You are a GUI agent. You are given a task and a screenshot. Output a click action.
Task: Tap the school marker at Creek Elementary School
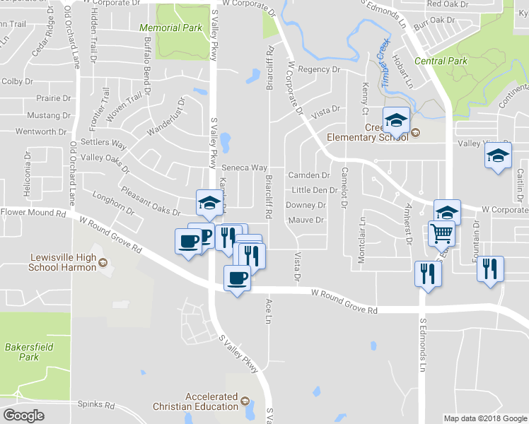[x=396, y=119]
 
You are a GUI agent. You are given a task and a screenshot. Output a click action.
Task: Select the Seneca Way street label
[x=244, y=168]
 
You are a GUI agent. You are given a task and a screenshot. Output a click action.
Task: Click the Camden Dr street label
[x=309, y=175]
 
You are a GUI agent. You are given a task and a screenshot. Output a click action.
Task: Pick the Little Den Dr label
[x=314, y=190]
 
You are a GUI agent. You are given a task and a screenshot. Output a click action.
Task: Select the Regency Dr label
[x=319, y=69]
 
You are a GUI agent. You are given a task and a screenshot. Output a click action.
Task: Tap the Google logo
[x=23, y=415]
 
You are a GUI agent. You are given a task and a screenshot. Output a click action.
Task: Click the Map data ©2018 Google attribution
[x=484, y=418]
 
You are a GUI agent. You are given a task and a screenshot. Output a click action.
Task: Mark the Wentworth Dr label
[x=41, y=132]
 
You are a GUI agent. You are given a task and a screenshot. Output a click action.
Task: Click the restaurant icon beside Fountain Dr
[x=489, y=269]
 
